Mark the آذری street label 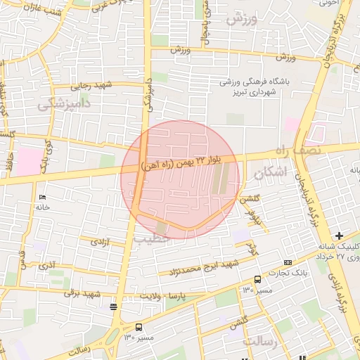(47, 266)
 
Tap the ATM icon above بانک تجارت (287, 262)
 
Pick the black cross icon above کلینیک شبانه (340, 235)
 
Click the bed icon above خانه (42, 196)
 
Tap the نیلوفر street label (258, 219)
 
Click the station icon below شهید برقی (114, 306)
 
